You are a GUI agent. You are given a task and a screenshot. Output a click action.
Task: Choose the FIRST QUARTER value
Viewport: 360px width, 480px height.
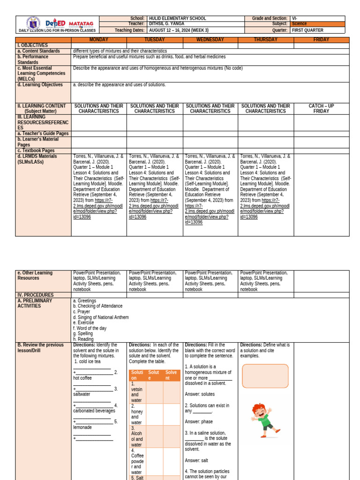click(307, 30)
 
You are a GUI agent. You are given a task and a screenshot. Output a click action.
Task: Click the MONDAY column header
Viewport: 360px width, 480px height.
click(98, 40)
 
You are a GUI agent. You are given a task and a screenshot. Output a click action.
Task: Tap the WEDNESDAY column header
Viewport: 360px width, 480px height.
click(210, 40)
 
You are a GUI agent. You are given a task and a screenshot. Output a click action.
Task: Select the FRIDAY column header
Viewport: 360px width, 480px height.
click(321, 40)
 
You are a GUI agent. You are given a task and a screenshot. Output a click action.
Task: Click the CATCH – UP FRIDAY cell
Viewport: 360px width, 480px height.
click(321, 109)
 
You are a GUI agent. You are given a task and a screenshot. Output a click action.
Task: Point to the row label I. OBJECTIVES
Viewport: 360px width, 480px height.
click(32, 45)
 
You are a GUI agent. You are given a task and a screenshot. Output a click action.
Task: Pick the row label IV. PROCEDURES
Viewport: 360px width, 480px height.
click(35, 295)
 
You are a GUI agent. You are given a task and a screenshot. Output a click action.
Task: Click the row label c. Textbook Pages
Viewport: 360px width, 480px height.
click(38, 150)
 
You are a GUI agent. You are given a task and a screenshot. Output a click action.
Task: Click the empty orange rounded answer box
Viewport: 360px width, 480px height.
click(265, 376)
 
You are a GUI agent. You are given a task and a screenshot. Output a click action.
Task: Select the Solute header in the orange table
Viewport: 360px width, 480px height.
click(154, 375)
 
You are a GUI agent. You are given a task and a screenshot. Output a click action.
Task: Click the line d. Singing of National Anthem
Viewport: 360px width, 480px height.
click(100, 317)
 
